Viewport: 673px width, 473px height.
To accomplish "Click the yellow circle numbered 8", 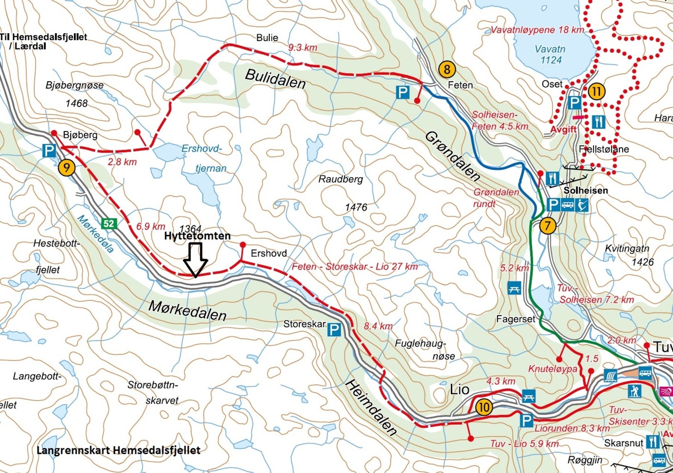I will pos(447,69).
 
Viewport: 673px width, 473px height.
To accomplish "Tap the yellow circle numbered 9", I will pos(66,168).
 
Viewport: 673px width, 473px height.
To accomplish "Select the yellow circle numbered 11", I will pos(596,91).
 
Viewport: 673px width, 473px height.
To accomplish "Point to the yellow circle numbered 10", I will pos(484,407).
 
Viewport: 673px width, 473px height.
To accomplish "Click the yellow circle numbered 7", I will pos(547,225).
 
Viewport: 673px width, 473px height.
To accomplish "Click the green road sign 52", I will pos(109,223).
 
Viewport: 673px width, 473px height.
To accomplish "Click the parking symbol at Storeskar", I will pos(334,330).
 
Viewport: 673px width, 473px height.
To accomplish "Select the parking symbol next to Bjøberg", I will pos(49,151).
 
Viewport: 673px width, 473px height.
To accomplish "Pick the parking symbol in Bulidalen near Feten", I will pos(403,92).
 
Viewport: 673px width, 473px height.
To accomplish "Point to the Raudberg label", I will pos(340,179).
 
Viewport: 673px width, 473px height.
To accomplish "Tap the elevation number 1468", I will pos(77,103).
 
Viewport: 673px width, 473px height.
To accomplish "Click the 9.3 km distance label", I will pos(302,48).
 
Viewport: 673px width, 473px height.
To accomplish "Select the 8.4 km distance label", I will pos(378,326).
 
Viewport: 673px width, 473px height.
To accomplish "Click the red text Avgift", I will pos(563,129).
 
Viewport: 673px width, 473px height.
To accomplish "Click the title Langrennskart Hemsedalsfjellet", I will pos(118,450).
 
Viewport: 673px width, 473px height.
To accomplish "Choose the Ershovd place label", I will pos(269,254).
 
